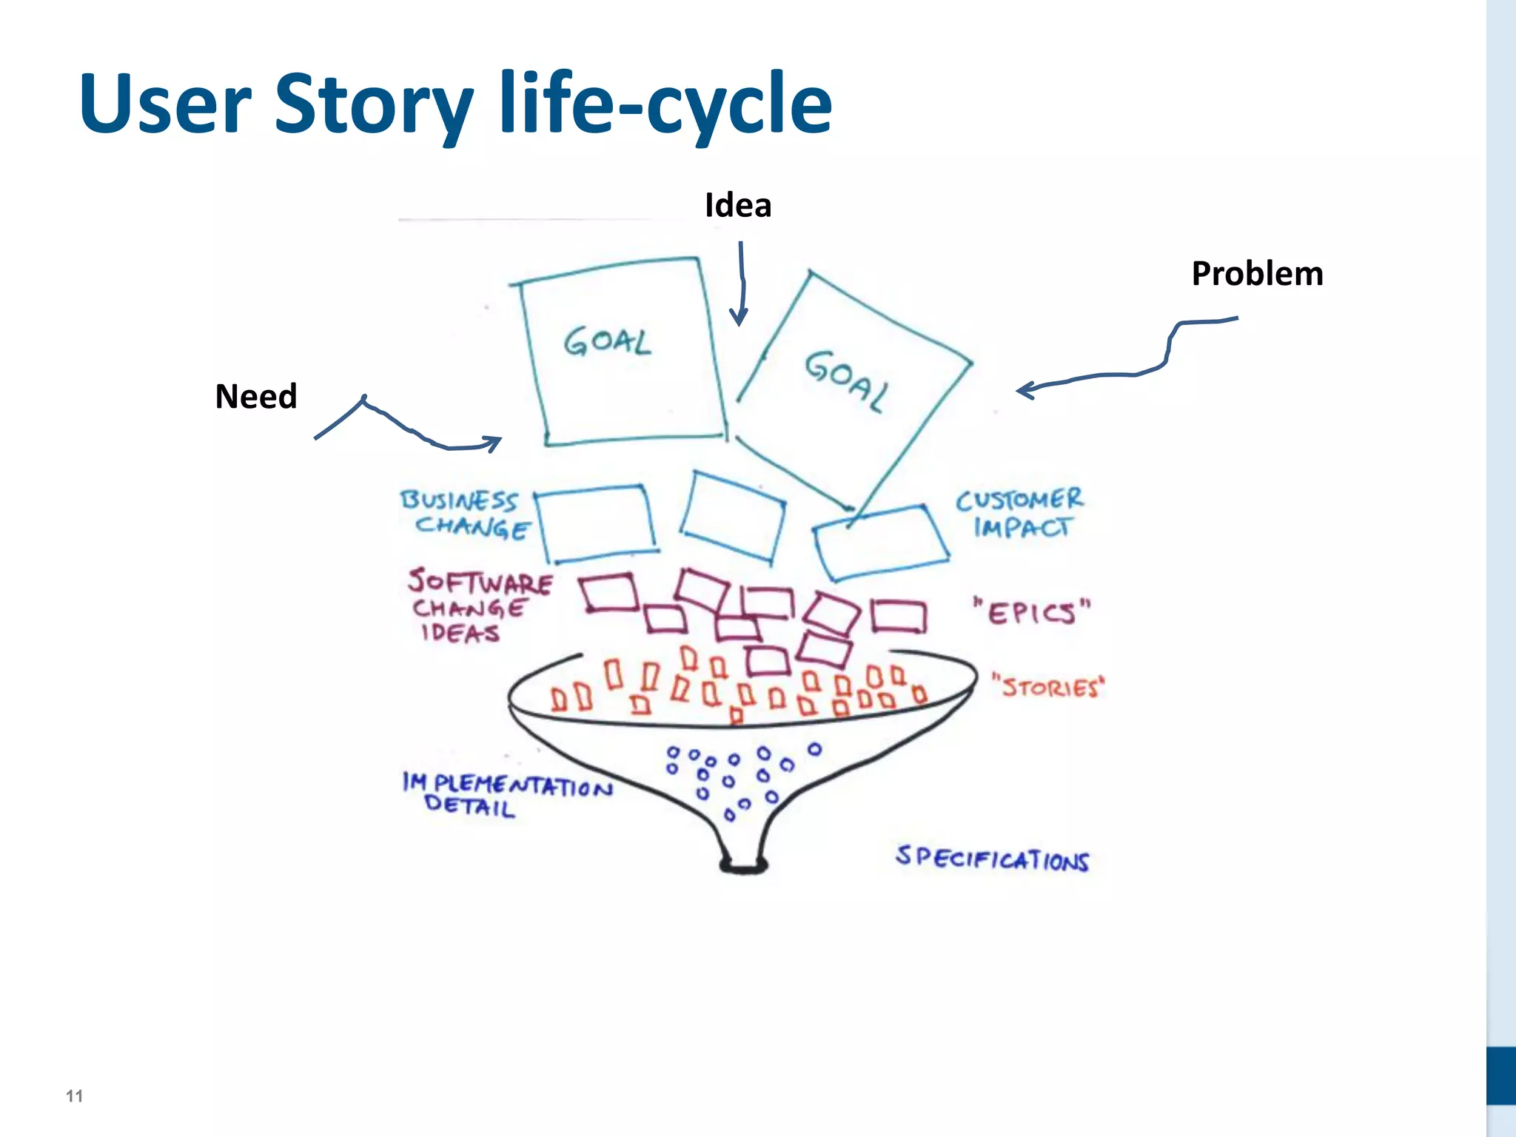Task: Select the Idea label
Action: point(738,205)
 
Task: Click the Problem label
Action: point(1257,273)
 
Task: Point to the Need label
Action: point(256,396)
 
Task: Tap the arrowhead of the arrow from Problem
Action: point(1023,390)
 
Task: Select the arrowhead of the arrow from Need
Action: point(494,442)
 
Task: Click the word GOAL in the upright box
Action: point(608,342)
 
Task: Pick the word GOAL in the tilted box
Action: point(847,380)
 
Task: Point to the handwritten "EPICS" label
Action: point(1032,612)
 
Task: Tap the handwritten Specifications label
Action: point(992,859)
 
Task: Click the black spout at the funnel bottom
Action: point(744,865)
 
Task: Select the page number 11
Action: point(74,1096)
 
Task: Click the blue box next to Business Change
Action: point(597,523)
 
